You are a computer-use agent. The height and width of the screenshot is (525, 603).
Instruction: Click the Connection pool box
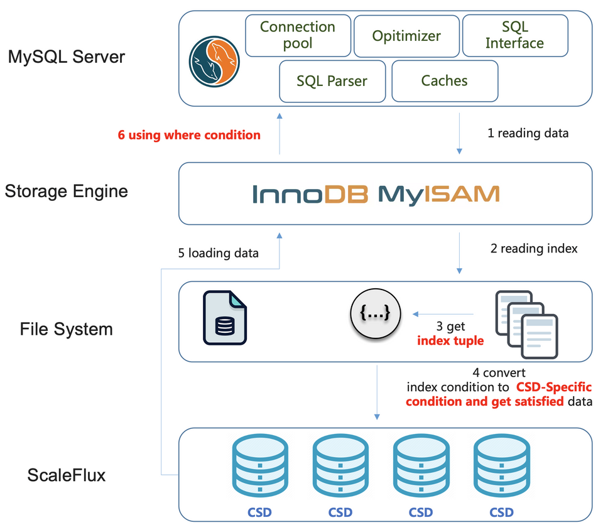click(298, 35)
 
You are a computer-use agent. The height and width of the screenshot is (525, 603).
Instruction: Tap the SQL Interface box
click(515, 35)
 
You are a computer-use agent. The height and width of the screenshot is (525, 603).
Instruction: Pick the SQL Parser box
click(332, 81)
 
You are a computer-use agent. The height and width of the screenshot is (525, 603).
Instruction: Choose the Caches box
click(444, 81)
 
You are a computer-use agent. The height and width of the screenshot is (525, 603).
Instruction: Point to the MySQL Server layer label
click(67, 57)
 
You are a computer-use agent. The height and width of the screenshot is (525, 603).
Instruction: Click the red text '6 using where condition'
click(189, 135)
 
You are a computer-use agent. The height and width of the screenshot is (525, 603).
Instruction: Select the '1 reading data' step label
click(528, 133)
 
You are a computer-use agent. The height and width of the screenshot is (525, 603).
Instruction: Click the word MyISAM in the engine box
click(438, 194)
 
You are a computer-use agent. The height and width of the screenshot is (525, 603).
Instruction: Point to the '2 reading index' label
click(534, 249)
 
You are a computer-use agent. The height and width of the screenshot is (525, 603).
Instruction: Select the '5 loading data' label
click(218, 253)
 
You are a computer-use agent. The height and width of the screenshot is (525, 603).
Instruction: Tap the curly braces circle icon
click(374, 312)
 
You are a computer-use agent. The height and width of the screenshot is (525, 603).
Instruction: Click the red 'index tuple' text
click(451, 340)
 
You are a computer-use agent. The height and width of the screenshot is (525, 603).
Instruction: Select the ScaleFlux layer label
click(67, 475)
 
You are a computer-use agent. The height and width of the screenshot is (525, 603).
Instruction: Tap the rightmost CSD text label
click(501, 512)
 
